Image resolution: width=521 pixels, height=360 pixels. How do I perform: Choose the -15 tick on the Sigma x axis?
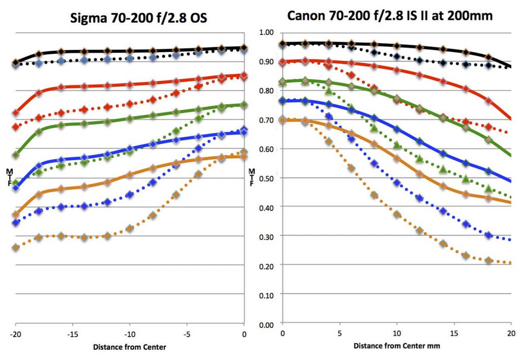[x=72, y=335]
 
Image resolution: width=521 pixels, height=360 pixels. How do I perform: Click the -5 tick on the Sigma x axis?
[x=187, y=335]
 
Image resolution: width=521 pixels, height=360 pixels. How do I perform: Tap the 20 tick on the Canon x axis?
[x=510, y=334]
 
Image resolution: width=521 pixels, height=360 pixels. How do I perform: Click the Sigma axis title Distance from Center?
[x=130, y=348]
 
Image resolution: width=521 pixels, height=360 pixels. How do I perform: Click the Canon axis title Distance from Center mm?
[x=397, y=346]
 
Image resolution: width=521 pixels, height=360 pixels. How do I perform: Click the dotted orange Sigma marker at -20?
[x=16, y=248]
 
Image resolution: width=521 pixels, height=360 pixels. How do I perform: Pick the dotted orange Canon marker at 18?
[x=489, y=260]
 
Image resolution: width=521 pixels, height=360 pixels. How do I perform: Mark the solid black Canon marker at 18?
[x=489, y=57]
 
